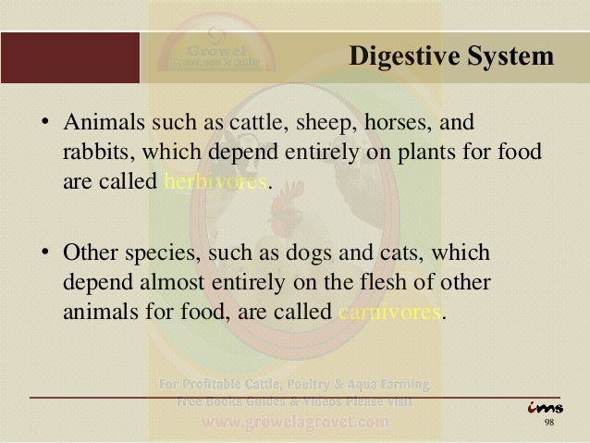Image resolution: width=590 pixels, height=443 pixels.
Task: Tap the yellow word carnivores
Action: [388, 310]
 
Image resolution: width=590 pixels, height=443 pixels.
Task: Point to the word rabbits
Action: [92, 151]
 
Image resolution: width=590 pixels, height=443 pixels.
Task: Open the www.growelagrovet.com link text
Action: [295, 423]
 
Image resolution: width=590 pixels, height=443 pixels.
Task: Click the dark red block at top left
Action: [68, 57]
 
